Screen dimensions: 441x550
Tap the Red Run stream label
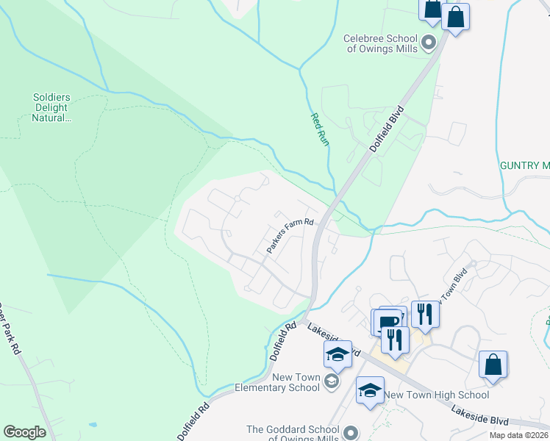pos(319,129)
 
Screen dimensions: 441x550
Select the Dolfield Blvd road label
pos(389,129)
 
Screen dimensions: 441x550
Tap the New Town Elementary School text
pos(276,382)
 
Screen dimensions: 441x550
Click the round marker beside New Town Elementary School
pos(332,381)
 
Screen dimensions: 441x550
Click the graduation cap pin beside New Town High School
pos(370,390)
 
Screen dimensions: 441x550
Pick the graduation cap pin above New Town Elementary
pos(337,354)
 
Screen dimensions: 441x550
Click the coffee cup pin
pos(387,322)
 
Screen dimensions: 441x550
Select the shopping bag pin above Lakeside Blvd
pos(493,365)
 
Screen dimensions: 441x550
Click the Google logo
pos(24,432)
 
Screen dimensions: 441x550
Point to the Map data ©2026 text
pos(519,435)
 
